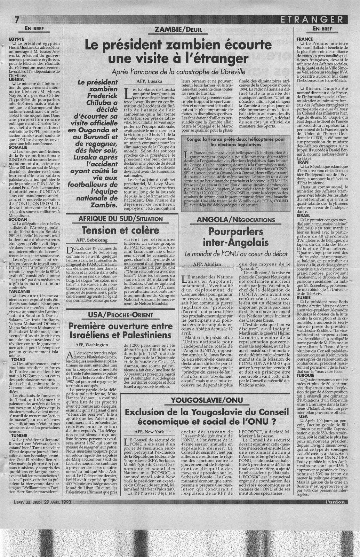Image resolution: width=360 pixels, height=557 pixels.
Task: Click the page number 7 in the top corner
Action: pyautogui.click(x=16, y=18)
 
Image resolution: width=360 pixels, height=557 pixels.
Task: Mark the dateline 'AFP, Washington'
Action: pyautogui.click(x=94, y=345)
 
